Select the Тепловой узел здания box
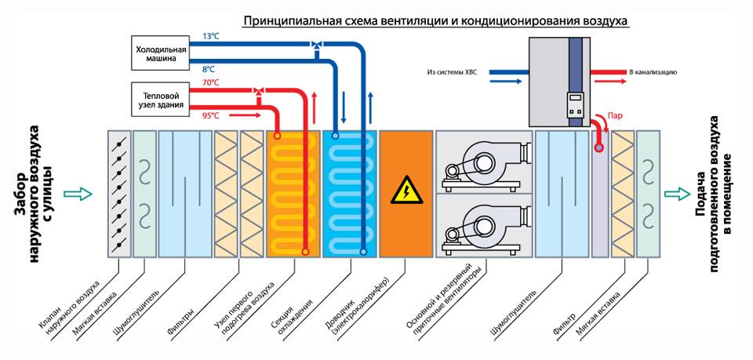coord(159,100)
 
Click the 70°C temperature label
coord(210,82)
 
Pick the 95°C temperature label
coord(210,115)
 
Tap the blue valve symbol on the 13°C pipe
coord(316,45)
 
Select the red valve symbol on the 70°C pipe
coord(258,90)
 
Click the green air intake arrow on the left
coord(78,194)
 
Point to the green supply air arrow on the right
coord(678,194)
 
